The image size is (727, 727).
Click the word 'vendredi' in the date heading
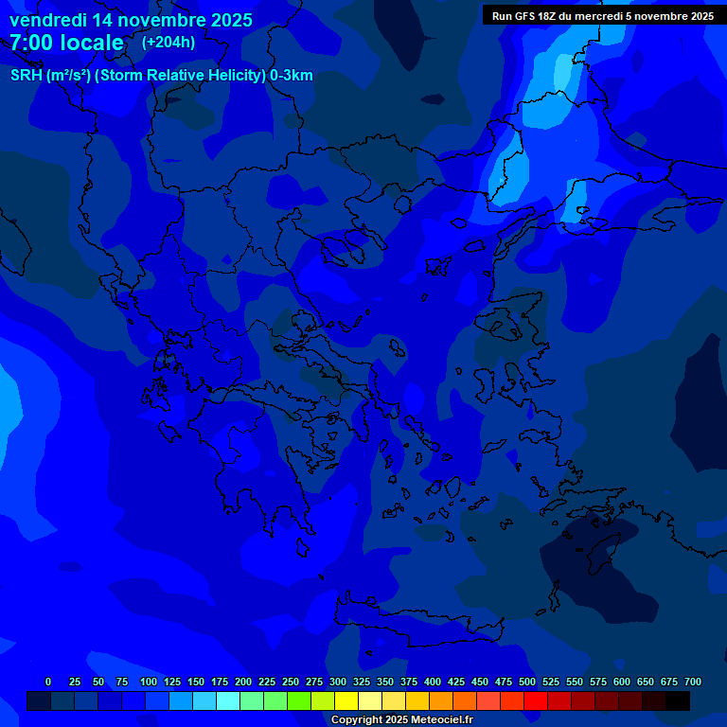[x=46, y=20]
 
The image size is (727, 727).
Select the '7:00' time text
[x=34, y=44]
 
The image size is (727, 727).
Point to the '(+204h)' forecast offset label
[x=168, y=43]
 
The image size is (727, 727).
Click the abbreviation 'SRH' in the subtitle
[x=27, y=77]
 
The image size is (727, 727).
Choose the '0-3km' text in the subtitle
[x=292, y=77]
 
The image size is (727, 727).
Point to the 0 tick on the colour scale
[x=48, y=682]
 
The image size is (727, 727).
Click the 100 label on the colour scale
[x=148, y=682]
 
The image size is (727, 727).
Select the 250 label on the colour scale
[x=291, y=682]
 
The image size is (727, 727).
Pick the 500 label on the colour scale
[x=527, y=682]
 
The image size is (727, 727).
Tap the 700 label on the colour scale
[x=693, y=682]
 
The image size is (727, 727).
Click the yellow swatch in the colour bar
[x=346, y=701]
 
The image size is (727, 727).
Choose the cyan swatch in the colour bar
[x=228, y=701]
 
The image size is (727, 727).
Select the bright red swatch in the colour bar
[x=536, y=701]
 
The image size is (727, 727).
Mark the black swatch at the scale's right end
[x=678, y=701]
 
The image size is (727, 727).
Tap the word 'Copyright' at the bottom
[x=356, y=720]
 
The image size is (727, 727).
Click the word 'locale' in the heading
[x=92, y=44]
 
